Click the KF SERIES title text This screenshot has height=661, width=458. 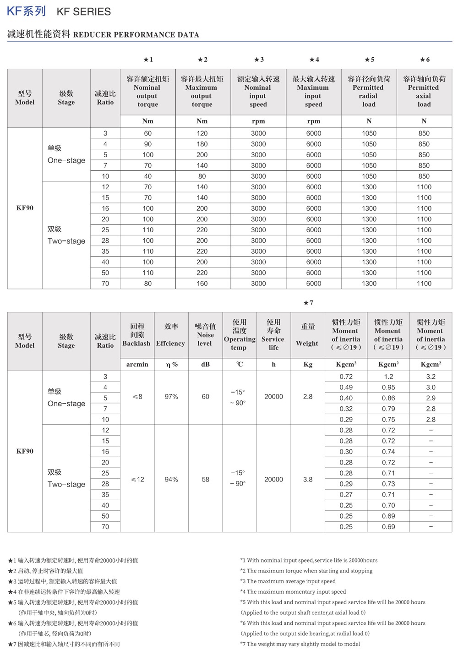click(x=83, y=12)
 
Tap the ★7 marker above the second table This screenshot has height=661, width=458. click(x=308, y=303)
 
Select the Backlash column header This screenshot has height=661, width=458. click(x=137, y=335)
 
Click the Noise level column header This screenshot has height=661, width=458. click(x=205, y=335)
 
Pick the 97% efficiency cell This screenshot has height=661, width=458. click(x=171, y=397)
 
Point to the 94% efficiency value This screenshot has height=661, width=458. click(x=171, y=480)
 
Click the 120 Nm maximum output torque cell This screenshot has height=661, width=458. click(x=202, y=133)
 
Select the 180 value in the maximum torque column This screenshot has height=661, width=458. click(x=202, y=144)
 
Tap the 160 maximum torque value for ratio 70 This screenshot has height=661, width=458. click(x=202, y=284)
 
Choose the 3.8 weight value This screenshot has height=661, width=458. click(x=308, y=480)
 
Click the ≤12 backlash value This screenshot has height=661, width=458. click(x=137, y=480)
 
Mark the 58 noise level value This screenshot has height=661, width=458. click(x=205, y=480)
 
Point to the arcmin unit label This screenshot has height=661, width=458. click(x=137, y=365)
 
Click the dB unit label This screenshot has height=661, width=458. click(x=205, y=365)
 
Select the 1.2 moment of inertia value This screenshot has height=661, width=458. click(x=388, y=377)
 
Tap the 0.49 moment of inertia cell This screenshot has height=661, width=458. click(x=346, y=388)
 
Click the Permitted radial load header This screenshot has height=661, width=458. click(x=369, y=92)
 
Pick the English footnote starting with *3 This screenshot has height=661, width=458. click(x=288, y=581)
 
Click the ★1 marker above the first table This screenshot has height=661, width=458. click(x=148, y=60)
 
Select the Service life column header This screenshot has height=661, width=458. click(x=273, y=335)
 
